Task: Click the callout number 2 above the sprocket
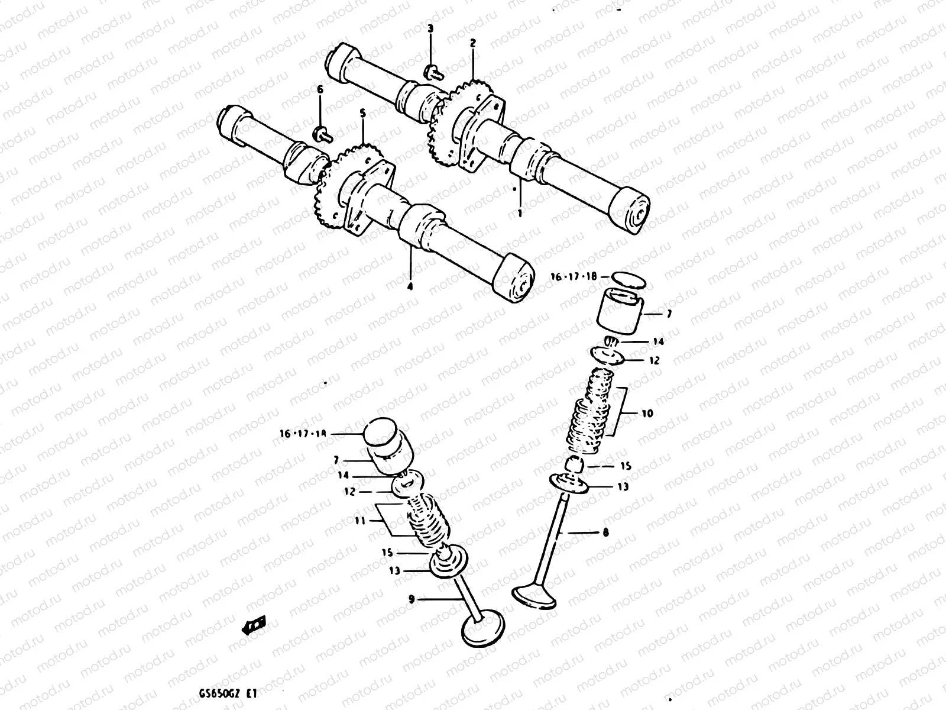pos(473,43)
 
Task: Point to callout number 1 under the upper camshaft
pos(520,212)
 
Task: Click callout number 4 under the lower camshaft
pos(410,286)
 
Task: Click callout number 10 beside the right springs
pos(647,413)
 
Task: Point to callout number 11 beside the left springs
pos(359,521)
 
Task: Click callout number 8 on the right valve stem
pos(605,532)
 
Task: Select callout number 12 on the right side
pos(653,360)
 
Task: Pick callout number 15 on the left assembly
pos(388,552)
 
